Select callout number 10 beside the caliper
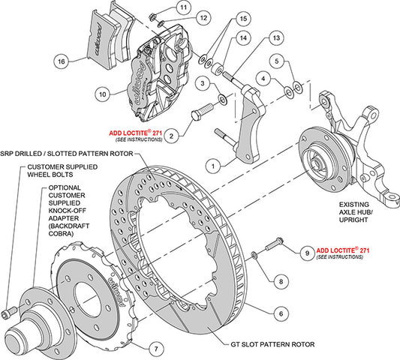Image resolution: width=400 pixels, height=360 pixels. point(103,94)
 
